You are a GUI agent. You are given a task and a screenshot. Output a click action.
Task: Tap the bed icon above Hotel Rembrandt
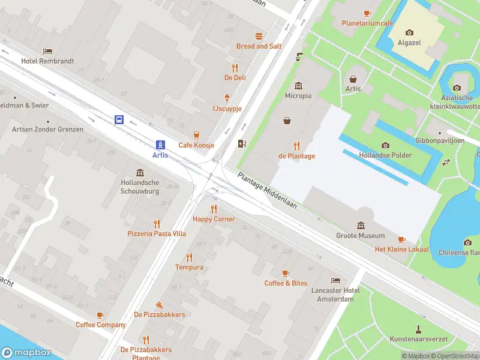[x=47, y=52]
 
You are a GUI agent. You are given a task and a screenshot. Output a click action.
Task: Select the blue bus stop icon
[x=119, y=119]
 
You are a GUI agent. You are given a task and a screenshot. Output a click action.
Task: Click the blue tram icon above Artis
[x=160, y=145]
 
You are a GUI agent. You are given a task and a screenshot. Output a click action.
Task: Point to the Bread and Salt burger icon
[x=259, y=37]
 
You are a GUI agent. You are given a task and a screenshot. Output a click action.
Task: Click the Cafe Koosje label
[x=196, y=145]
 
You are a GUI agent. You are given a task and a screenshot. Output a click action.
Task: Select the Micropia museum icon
[x=298, y=86]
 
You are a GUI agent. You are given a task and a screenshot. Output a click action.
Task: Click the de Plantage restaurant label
[x=296, y=156]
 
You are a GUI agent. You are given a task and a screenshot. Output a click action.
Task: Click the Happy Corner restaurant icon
[x=214, y=209]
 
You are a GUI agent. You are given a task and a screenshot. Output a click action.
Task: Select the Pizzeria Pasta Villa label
[x=157, y=233]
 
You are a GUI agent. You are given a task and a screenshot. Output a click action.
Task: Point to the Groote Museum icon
[x=360, y=226]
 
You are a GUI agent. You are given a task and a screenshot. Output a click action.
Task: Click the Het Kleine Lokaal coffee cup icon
[x=401, y=239]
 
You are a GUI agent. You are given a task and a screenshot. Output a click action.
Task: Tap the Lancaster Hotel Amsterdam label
[x=335, y=295]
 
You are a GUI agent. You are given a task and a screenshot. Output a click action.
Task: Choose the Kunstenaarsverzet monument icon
[x=418, y=329]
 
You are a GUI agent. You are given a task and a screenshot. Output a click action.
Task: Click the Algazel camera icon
[x=409, y=32]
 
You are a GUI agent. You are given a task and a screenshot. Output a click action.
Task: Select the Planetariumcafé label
[x=367, y=23]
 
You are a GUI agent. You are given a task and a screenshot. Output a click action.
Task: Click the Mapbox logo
[x=26, y=353]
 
